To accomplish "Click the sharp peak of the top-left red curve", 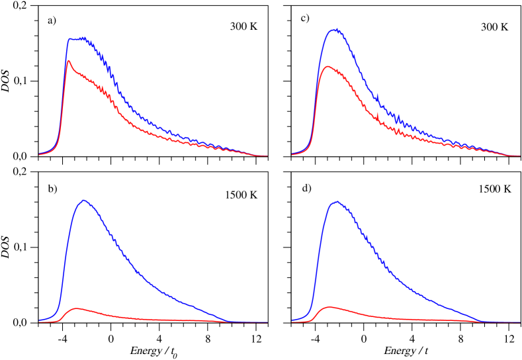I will click(x=69, y=60).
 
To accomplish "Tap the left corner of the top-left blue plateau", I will click(x=69, y=40).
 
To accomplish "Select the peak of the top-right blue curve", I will click(x=337, y=28).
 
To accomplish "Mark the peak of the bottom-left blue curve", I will click(x=84, y=199).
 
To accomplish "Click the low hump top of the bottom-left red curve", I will click(x=78, y=308).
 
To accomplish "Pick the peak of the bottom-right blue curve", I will click(x=337, y=201).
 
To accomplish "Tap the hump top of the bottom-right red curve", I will click(x=329, y=306).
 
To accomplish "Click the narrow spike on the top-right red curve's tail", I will click(x=377, y=117).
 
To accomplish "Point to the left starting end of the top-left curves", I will click(x=39, y=154).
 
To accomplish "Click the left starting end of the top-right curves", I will click(x=292, y=154).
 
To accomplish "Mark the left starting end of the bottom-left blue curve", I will click(x=39, y=320).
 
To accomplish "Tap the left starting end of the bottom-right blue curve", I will click(x=292, y=320).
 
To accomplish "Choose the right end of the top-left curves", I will click(x=267, y=156).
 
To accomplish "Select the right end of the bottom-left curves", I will click(x=267, y=322).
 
